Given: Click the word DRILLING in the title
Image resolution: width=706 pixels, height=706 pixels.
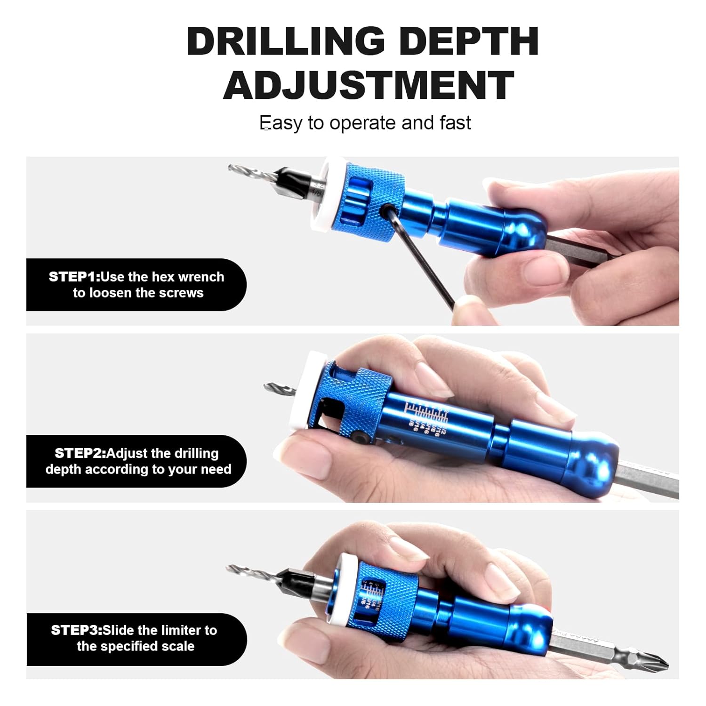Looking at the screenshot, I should tap(286, 41).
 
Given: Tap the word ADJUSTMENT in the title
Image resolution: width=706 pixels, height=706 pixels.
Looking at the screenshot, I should tap(368, 85).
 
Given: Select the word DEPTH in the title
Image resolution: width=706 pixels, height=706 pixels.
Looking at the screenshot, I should tap(471, 41).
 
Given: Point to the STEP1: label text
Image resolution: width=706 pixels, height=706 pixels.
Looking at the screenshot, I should tap(74, 277).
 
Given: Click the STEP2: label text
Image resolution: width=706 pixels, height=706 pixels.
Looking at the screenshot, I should tap(80, 453).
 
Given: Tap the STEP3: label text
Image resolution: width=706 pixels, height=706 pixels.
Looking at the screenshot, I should tap(76, 630).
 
